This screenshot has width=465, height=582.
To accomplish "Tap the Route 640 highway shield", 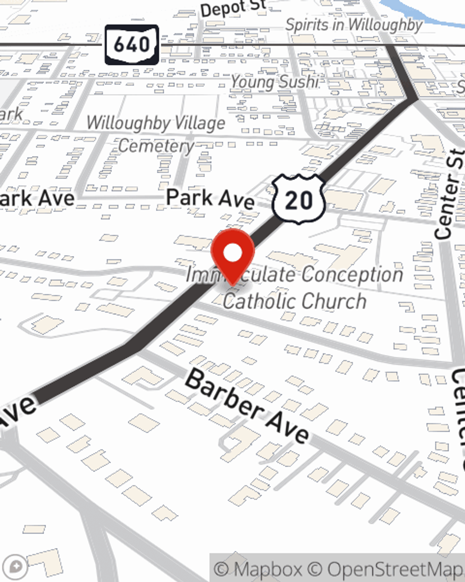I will [x=132, y=45].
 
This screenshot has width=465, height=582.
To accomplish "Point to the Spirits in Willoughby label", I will [x=353, y=25].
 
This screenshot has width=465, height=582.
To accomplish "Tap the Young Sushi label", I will [x=275, y=81].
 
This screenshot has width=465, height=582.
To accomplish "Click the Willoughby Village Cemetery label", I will [x=156, y=134].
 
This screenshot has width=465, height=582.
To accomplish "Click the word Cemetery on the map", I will [x=156, y=146].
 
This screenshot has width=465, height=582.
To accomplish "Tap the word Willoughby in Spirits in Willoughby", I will [x=385, y=25].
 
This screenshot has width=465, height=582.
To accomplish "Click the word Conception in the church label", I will [x=352, y=274].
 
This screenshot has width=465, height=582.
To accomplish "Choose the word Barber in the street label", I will [x=223, y=394].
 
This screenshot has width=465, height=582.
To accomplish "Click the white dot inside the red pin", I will [x=233, y=253].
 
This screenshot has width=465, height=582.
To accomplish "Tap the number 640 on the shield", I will [x=132, y=45].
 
